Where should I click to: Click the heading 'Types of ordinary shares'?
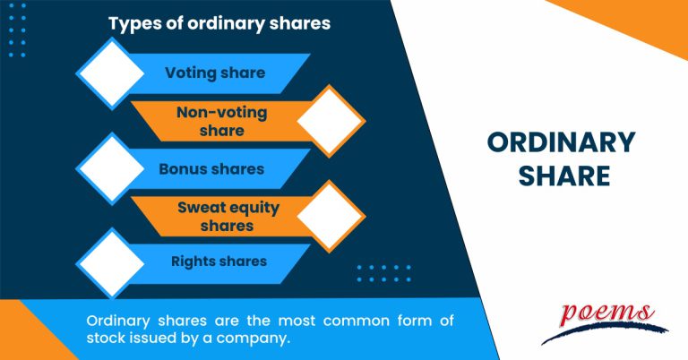click(219, 24)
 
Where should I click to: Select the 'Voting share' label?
click(215, 73)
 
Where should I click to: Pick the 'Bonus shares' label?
click(211, 168)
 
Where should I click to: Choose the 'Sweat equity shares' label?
click(228, 217)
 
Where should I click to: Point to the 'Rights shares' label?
click(219, 261)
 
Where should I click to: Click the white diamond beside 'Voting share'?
click(112, 72)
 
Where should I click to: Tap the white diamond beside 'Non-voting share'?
click(331, 120)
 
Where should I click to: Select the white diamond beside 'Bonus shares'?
click(112, 167)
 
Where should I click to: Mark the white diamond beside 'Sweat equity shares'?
click(331, 216)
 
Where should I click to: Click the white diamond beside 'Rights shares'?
click(112, 262)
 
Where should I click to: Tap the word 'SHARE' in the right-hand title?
click(561, 176)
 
